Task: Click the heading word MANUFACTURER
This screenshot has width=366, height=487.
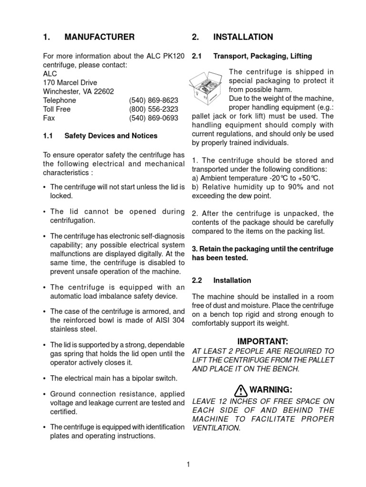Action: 99,37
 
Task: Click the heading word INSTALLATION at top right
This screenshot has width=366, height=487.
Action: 243,37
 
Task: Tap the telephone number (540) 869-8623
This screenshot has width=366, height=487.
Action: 153,100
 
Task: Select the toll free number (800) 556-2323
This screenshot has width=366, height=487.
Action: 153,109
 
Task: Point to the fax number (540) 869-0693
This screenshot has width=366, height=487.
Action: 153,118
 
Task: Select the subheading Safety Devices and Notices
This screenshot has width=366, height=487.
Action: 111,136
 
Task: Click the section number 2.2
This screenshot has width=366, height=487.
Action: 197,281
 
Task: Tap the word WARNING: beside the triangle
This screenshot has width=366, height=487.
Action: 270,390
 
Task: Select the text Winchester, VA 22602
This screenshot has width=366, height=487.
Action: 79,91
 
